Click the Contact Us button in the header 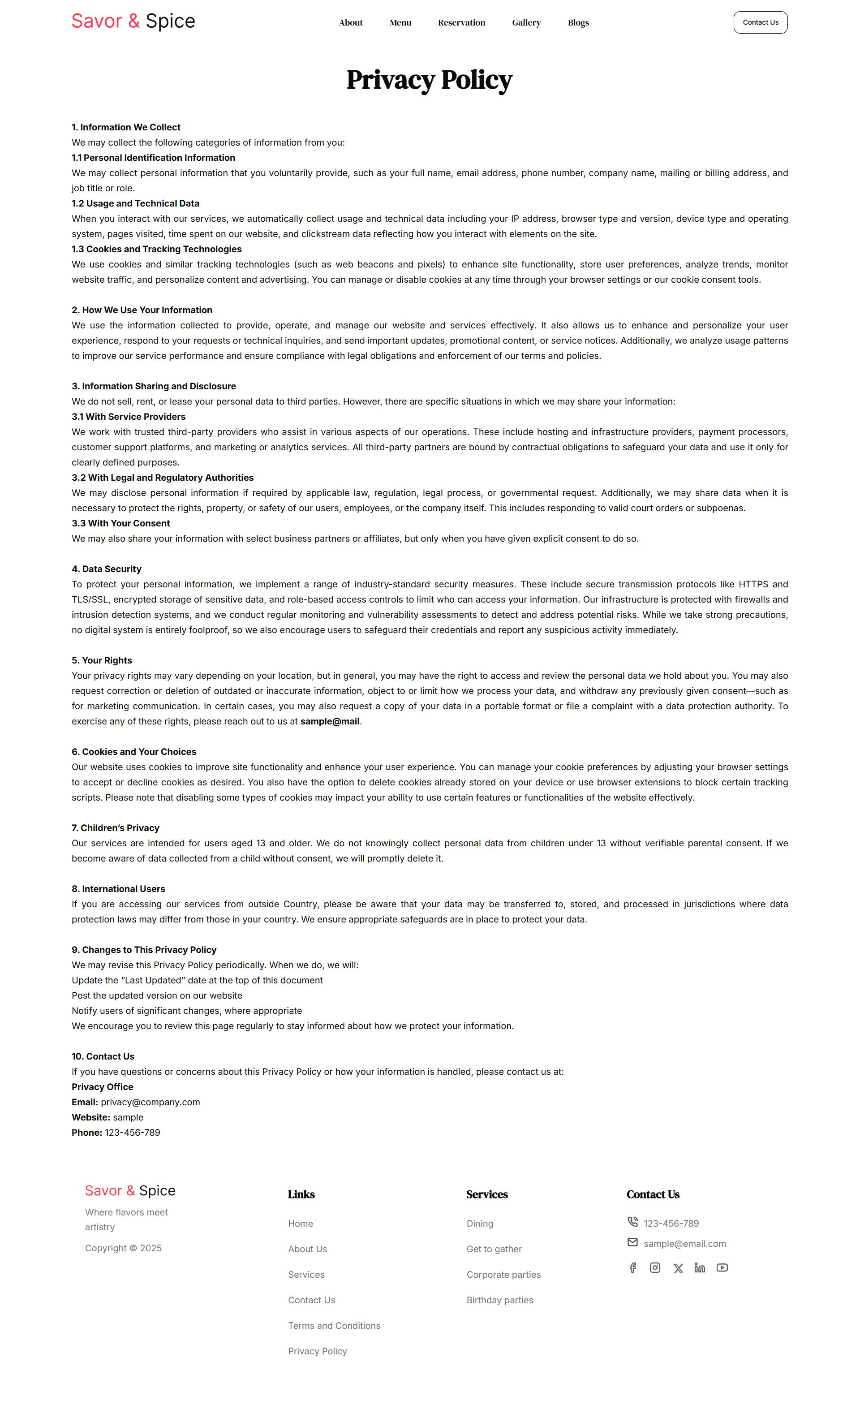coord(760,22)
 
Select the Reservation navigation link coord(461,23)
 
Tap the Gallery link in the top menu coord(526,23)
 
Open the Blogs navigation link coord(578,23)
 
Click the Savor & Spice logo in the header coord(133,21)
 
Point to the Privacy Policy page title coord(430,79)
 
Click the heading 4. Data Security coord(106,569)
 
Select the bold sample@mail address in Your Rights coord(330,721)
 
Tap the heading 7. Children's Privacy coord(116,827)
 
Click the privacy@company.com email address coord(150,1102)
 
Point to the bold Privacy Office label coord(103,1086)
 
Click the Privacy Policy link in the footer coord(318,1351)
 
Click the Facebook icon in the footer coord(632,1268)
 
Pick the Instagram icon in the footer coord(655,1268)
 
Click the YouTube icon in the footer coord(722,1268)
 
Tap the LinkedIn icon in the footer coord(699,1268)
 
